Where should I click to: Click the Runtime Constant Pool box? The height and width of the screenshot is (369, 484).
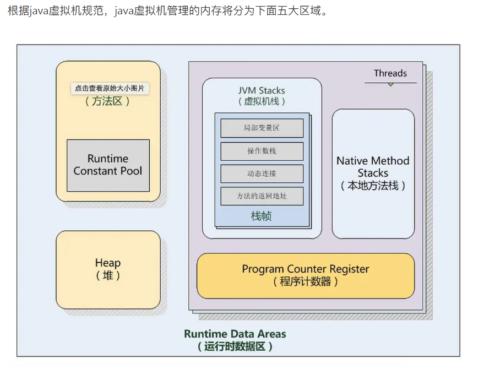coord(108,165)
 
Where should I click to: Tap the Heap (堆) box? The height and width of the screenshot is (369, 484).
coord(108,269)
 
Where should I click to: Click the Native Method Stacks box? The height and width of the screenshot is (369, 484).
coord(373,173)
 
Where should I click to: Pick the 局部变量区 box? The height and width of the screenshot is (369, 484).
coord(262,128)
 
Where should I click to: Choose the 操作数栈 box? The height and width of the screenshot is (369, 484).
coord(262,151)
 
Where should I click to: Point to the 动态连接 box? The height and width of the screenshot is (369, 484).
coord(262,173)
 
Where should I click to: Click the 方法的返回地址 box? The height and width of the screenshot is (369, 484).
coord(262,196)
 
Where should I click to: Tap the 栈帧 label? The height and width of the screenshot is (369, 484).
coord(262,216)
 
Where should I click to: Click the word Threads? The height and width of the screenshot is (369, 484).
coord(390,73)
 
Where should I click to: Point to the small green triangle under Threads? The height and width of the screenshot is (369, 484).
coord(390,84)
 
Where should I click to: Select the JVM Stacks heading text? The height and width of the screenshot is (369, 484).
coord(262,90)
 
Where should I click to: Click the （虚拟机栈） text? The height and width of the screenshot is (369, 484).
coord(262,101)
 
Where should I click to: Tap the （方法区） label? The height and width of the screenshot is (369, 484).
coord(108,101)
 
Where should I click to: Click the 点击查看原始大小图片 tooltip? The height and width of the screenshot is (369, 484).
coord(110,88)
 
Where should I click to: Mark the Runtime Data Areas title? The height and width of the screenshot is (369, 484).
coord(235,334)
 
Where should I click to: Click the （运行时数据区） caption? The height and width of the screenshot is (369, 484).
coord(235,346)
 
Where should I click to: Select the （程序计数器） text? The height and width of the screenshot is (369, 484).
coord(305,281)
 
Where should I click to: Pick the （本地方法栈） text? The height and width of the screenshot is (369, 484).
coord(373,186)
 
